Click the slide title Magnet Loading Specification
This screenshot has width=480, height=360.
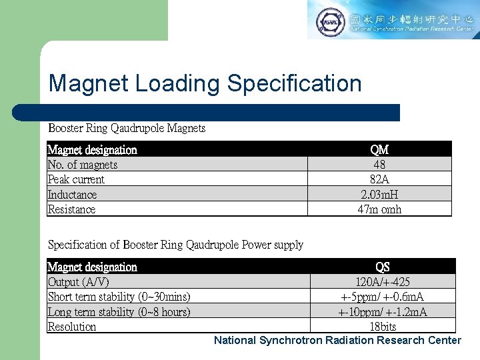(x=205, y=83)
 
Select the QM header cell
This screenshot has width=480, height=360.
(x=379, y=149)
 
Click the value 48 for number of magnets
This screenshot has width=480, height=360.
(x=379, y=165)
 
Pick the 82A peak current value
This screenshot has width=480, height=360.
(x=379, y=179)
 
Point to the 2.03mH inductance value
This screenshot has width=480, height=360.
(x=379, y=195)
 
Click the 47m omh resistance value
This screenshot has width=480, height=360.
(x=379, y=209)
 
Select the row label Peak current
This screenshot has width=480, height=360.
(x=76, y=179)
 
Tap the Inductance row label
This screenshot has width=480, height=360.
(x=72, y=195)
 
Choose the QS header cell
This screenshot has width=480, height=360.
(x=383, y=267)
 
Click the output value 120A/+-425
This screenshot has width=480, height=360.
(x=383, y=282)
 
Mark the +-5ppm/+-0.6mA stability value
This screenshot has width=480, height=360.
(x=383, y=297)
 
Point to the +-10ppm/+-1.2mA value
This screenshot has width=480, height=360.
(x=383, y=312)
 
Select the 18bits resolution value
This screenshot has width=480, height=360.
(x=383, y=327)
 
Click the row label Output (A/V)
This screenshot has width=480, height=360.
(x=79, y=282)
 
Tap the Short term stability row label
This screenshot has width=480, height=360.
(x=119, y=297)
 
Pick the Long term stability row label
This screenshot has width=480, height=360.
(x=119, y=312)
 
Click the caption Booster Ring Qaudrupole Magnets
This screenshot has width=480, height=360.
(x=127, y=128)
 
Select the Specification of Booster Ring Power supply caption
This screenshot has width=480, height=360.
(x=175, y=245)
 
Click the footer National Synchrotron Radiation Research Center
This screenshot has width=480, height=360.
(x=337, y=341)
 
